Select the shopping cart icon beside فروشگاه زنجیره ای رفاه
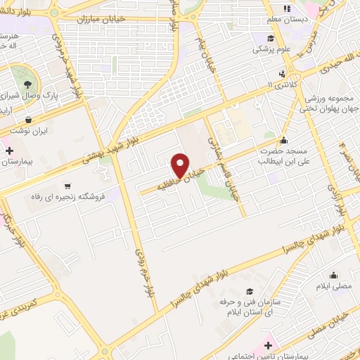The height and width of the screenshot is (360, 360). tap(67, 187)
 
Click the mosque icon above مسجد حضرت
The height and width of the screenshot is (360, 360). tap(283, 139)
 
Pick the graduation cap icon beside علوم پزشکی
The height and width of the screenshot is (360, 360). tap(271, 39)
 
